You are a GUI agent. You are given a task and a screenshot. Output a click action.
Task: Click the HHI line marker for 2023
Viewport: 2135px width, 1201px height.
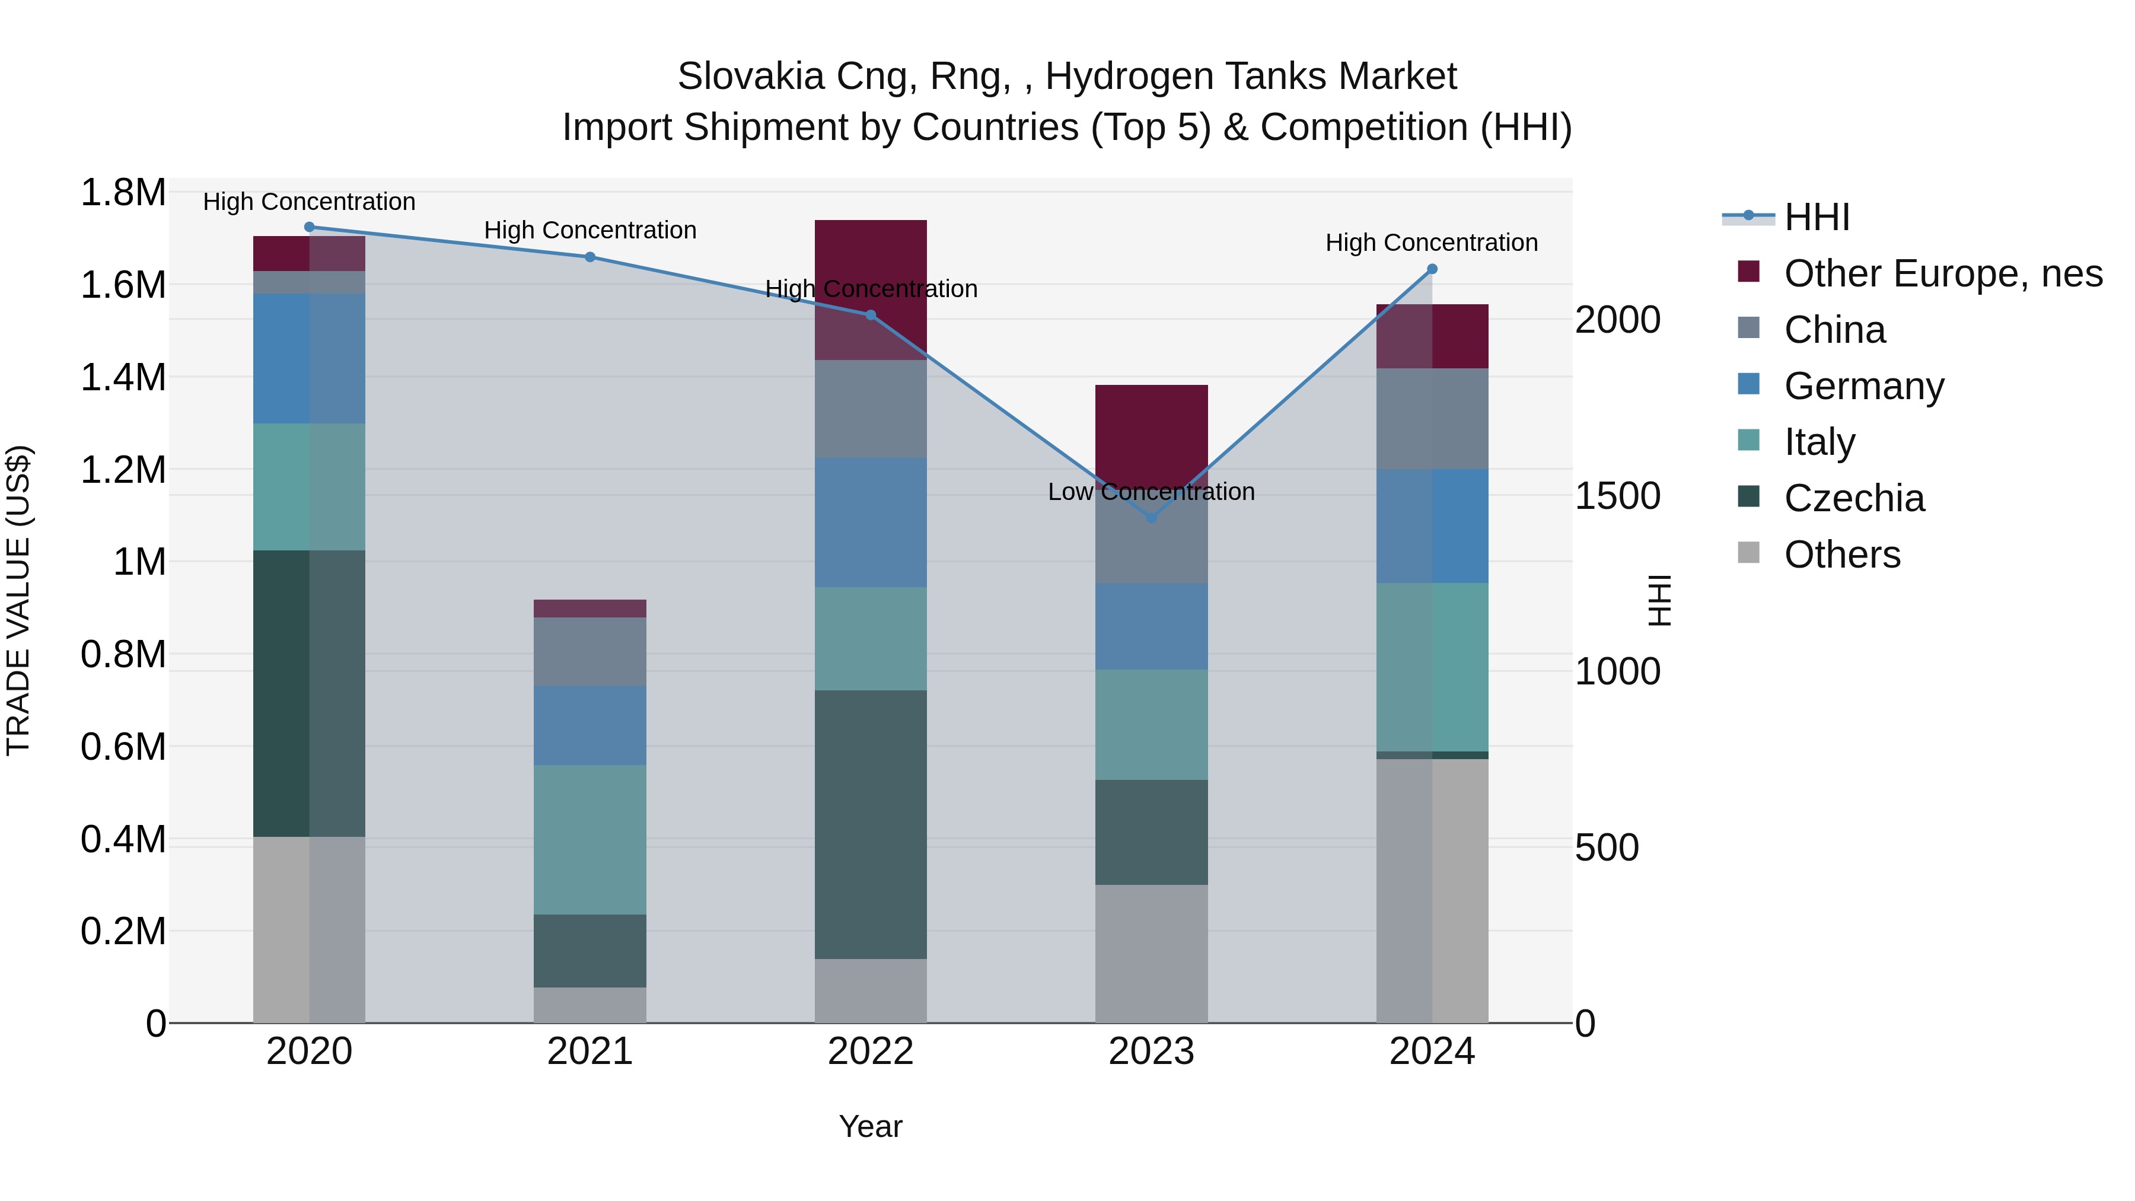(x=1151, y=517)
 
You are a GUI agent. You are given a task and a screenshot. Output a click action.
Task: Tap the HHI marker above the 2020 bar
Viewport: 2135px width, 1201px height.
(x=309, y=227)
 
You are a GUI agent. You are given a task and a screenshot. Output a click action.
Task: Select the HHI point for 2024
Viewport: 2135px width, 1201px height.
(x=1432, y=269)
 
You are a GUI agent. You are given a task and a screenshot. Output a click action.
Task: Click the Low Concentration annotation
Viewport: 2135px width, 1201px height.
(x=1151, y=492)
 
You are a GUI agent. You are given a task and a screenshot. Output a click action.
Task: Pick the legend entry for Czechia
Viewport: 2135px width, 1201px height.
(x=1853, y=498)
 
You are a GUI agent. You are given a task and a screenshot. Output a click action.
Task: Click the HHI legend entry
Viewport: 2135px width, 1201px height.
(x=1816, y=217)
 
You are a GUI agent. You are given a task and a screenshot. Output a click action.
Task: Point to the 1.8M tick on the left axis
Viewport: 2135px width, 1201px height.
(x=123, y=193)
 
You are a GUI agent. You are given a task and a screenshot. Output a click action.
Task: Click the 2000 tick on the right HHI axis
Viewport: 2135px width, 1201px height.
(x=1617, y=320)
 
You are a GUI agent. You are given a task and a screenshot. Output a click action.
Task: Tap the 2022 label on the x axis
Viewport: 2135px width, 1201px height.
(x=870, y=1052)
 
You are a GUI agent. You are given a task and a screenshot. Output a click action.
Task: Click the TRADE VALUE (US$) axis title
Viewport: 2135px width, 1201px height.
(x=19, y=600)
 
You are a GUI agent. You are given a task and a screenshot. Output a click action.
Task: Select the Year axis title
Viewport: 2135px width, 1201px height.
(x=870, y=1126)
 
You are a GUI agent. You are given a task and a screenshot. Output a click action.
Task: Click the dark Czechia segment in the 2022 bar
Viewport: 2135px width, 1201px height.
(x=870, y=825)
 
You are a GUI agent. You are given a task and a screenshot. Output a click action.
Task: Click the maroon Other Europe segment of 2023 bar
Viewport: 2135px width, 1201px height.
(x=1151, y=431)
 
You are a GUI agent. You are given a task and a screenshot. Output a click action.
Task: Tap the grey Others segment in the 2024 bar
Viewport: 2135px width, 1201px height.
(x=1432, y=891)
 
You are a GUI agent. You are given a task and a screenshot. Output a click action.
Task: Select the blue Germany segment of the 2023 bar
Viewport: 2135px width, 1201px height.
(x=1151, y=627)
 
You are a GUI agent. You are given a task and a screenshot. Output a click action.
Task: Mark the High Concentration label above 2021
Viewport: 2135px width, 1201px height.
(x=589, y=231)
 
